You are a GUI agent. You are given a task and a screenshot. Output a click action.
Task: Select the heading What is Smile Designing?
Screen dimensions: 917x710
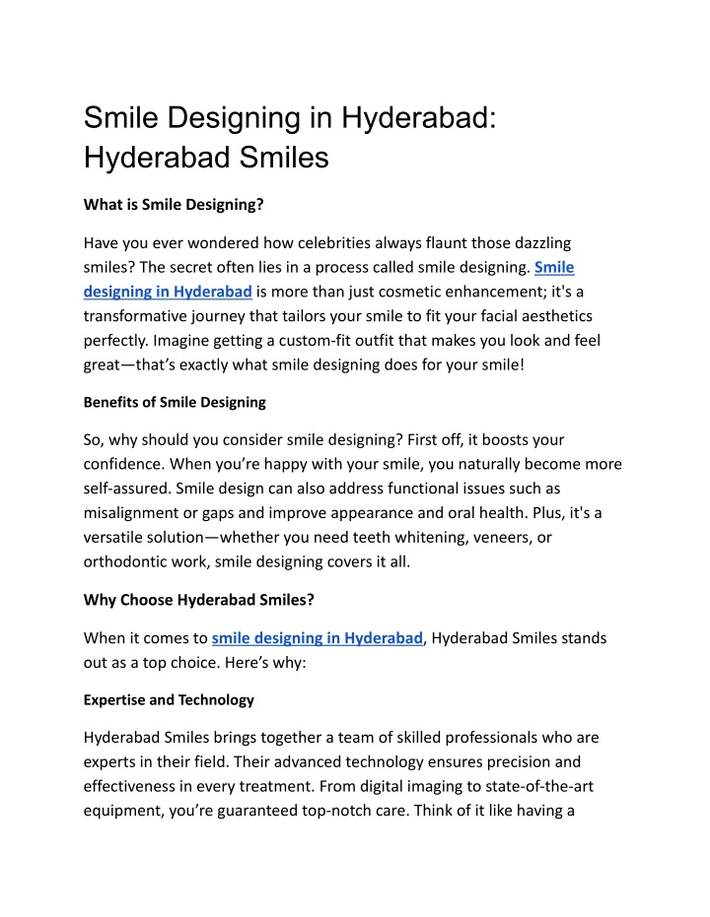point(173,205)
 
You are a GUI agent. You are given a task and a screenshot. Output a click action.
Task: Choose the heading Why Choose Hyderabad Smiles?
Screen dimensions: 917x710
point(199,600)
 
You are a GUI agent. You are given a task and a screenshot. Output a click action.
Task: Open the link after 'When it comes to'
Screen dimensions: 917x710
point(318,638)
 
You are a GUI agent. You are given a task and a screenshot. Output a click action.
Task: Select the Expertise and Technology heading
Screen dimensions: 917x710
point(169,699)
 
